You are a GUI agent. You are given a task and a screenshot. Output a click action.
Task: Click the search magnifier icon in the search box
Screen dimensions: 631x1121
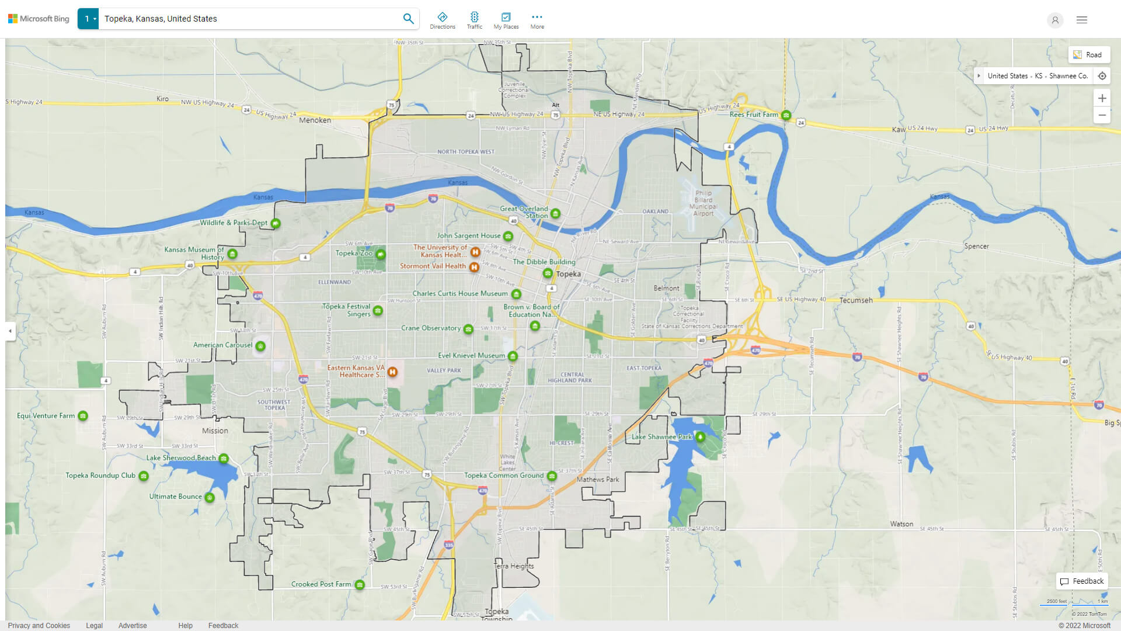coord(408,19)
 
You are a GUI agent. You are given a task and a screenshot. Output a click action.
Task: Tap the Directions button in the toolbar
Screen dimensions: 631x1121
coord(442,20)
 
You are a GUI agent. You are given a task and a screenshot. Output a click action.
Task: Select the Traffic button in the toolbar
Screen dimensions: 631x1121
coord(474,20)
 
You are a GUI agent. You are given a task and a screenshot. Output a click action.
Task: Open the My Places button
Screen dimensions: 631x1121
coord(506,20)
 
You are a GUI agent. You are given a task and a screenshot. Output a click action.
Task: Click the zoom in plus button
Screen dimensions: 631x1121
coord(1102,98)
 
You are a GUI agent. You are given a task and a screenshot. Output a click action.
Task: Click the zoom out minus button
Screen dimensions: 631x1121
coord(1102,115)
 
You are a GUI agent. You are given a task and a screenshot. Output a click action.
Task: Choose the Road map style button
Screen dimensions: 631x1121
coord(1088,55)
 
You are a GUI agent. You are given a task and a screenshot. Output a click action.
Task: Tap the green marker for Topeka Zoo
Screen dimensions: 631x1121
coord(381,254)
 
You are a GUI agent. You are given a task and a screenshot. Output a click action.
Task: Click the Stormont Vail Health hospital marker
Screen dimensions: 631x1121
coord(474,267)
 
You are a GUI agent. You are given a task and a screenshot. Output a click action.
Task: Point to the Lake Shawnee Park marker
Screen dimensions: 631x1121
coord(700,436)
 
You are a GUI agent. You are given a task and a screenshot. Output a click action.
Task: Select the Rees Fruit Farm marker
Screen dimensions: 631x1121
coord(786,115)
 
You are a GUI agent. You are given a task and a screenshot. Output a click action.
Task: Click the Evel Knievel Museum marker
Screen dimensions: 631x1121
coord(513,356)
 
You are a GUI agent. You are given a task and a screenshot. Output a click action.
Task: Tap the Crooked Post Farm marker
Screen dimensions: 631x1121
coord(360,585)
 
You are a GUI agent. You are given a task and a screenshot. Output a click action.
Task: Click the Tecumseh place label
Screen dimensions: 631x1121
coord(856,300)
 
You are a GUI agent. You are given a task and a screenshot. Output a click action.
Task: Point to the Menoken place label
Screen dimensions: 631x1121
coord(315,120)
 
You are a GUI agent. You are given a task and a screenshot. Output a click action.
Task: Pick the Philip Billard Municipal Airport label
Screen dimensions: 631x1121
coord(703,203)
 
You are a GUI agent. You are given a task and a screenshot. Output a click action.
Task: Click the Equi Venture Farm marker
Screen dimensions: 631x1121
coord(83,416)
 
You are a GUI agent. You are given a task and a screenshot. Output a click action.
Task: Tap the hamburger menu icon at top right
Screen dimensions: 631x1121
coord(1081,20)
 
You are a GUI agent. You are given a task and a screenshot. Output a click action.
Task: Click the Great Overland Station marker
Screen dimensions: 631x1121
coord(555,214)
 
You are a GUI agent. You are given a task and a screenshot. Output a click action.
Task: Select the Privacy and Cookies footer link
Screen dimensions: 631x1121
coord(39,625)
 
